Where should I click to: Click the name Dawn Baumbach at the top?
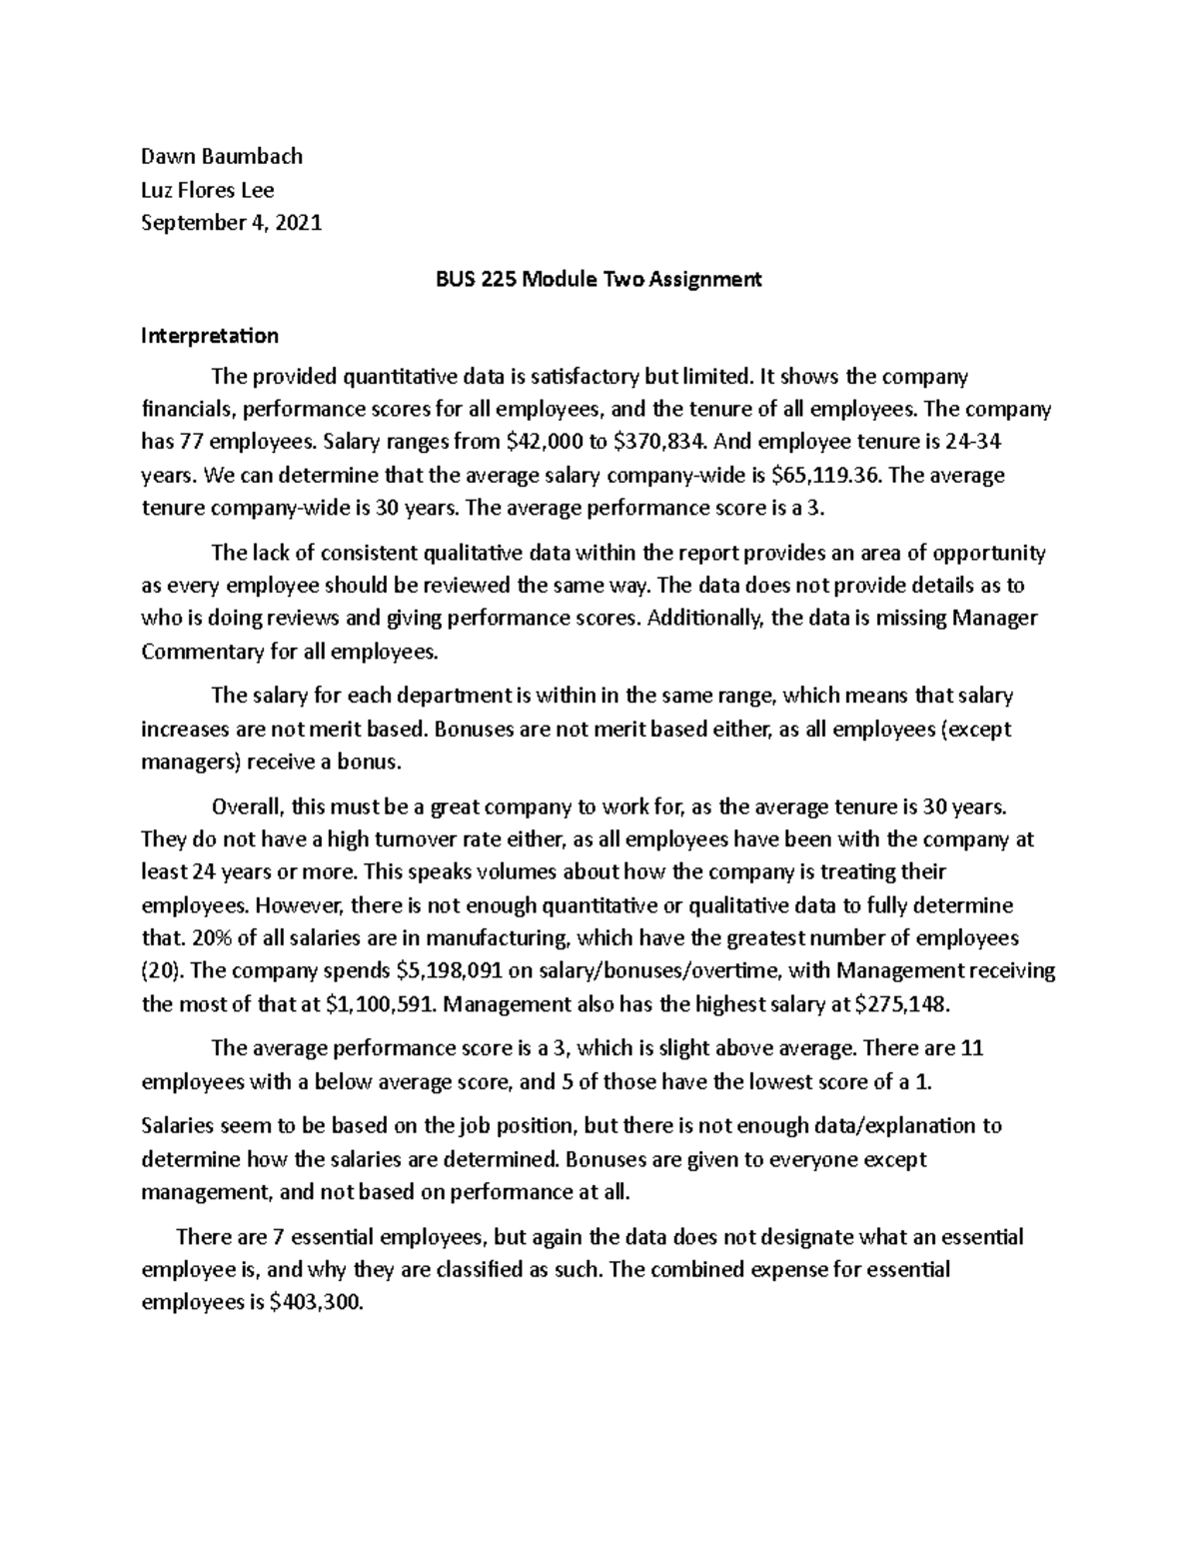(x=222, y=156)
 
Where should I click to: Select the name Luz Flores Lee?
(x=208, y=190)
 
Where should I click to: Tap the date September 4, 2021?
(x=232, y=223)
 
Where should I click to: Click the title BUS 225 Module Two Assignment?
(x=599, y=280)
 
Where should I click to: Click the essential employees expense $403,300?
(x=313, y=1303)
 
